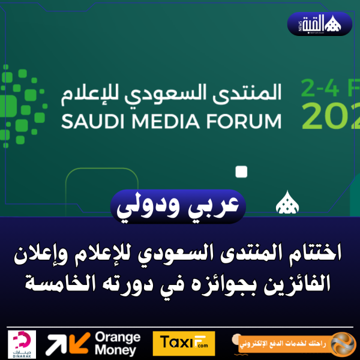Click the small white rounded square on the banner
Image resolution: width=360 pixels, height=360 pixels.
241,172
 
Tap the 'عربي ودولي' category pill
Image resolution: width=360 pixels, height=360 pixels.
179,206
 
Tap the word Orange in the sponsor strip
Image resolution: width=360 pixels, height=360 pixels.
118,337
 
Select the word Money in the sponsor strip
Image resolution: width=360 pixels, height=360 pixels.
115,350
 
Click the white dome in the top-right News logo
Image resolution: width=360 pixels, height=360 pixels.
334,24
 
